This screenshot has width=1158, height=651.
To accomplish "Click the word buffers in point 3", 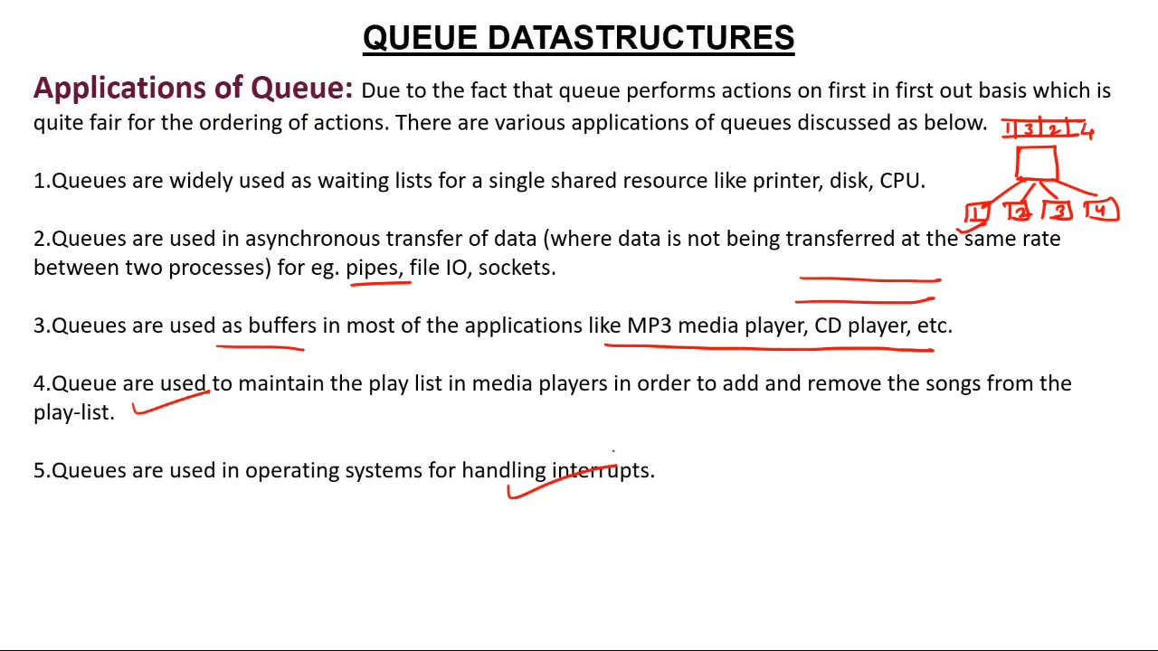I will coord(282,325).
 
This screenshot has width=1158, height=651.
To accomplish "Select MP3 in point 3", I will coord(649,325).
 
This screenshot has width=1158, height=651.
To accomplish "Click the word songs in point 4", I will coord(953,383).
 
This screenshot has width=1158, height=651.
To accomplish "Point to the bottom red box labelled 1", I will coord(977,213).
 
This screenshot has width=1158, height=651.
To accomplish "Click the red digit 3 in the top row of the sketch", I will coord(1029,130).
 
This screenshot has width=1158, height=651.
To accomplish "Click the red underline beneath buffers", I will coord(262,345).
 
